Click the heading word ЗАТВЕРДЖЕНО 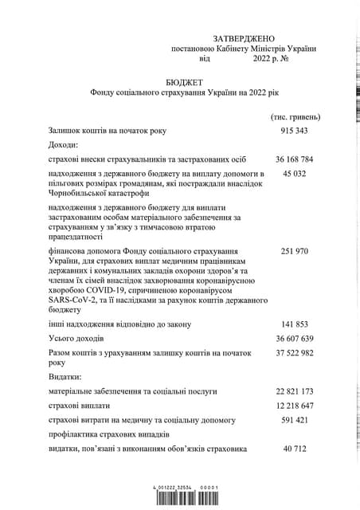[x=243, y=38]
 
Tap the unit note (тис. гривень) [x=295, y=117]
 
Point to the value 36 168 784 [x=295, y=159]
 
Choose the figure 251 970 [x=295, y=251]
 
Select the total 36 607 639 [x=295, y=339]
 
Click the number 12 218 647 [x=295, y=405]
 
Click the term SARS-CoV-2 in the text [x=73, y=299]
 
